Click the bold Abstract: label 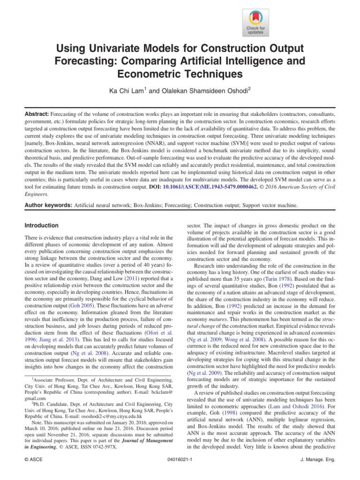36,113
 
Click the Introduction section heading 42,225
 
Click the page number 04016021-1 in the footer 180,472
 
